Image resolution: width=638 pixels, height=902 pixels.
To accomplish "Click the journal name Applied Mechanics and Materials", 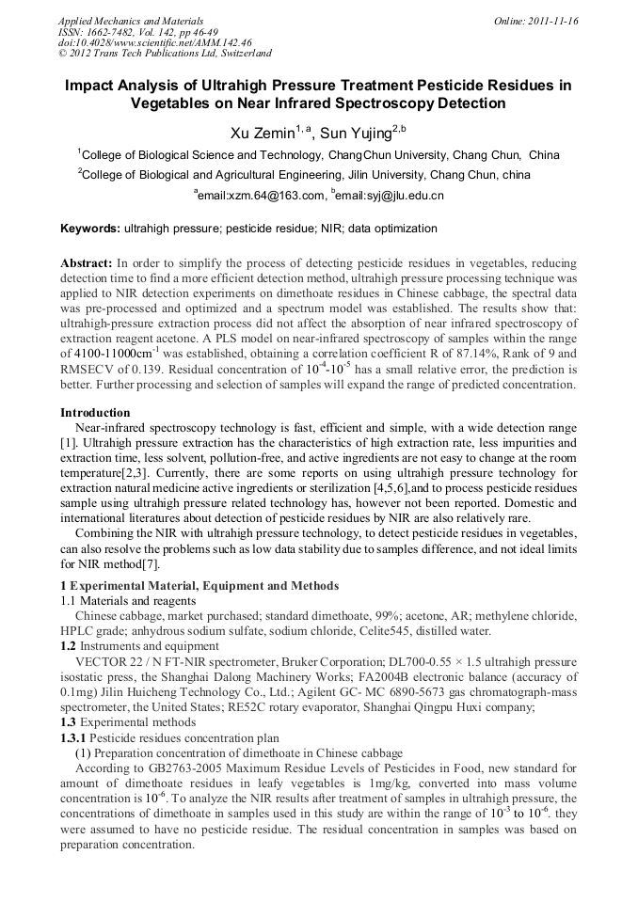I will (131, 21).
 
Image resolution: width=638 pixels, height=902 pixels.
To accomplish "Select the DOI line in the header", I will (155, 42).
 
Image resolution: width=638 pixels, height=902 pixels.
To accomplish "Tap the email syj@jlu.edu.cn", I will (391, 196).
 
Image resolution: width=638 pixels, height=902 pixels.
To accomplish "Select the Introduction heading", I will (95, 413).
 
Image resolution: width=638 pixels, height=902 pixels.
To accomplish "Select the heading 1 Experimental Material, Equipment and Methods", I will (199, 586).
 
